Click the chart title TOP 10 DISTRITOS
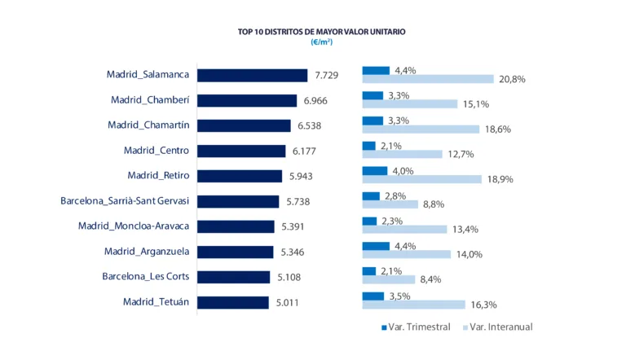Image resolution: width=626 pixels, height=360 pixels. [x=321, y=32]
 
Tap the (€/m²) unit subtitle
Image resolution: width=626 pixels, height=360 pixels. [x=321, y=42]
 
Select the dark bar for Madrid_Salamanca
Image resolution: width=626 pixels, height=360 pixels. [x=253, y=75]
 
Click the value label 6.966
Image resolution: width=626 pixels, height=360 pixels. [x=315, y=100]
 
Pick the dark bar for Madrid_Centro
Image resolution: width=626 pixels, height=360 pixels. [x=242, y=151]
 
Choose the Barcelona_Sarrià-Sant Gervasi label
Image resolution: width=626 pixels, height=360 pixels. [x=125, y=200]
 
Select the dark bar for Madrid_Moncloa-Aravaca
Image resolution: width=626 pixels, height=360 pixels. [x=236, y=226]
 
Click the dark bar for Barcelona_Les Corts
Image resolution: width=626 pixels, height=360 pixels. [x=234, y=277]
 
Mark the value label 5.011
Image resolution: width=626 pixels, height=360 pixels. [x=287, y=302]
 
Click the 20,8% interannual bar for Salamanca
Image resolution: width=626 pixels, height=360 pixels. [x=428, y=79]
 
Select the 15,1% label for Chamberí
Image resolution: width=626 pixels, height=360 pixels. [x=476, y=104]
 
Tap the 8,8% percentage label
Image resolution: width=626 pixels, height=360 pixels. [x=434, y=204]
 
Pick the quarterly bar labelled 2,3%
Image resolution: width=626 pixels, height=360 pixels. [x=369, y=221]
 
